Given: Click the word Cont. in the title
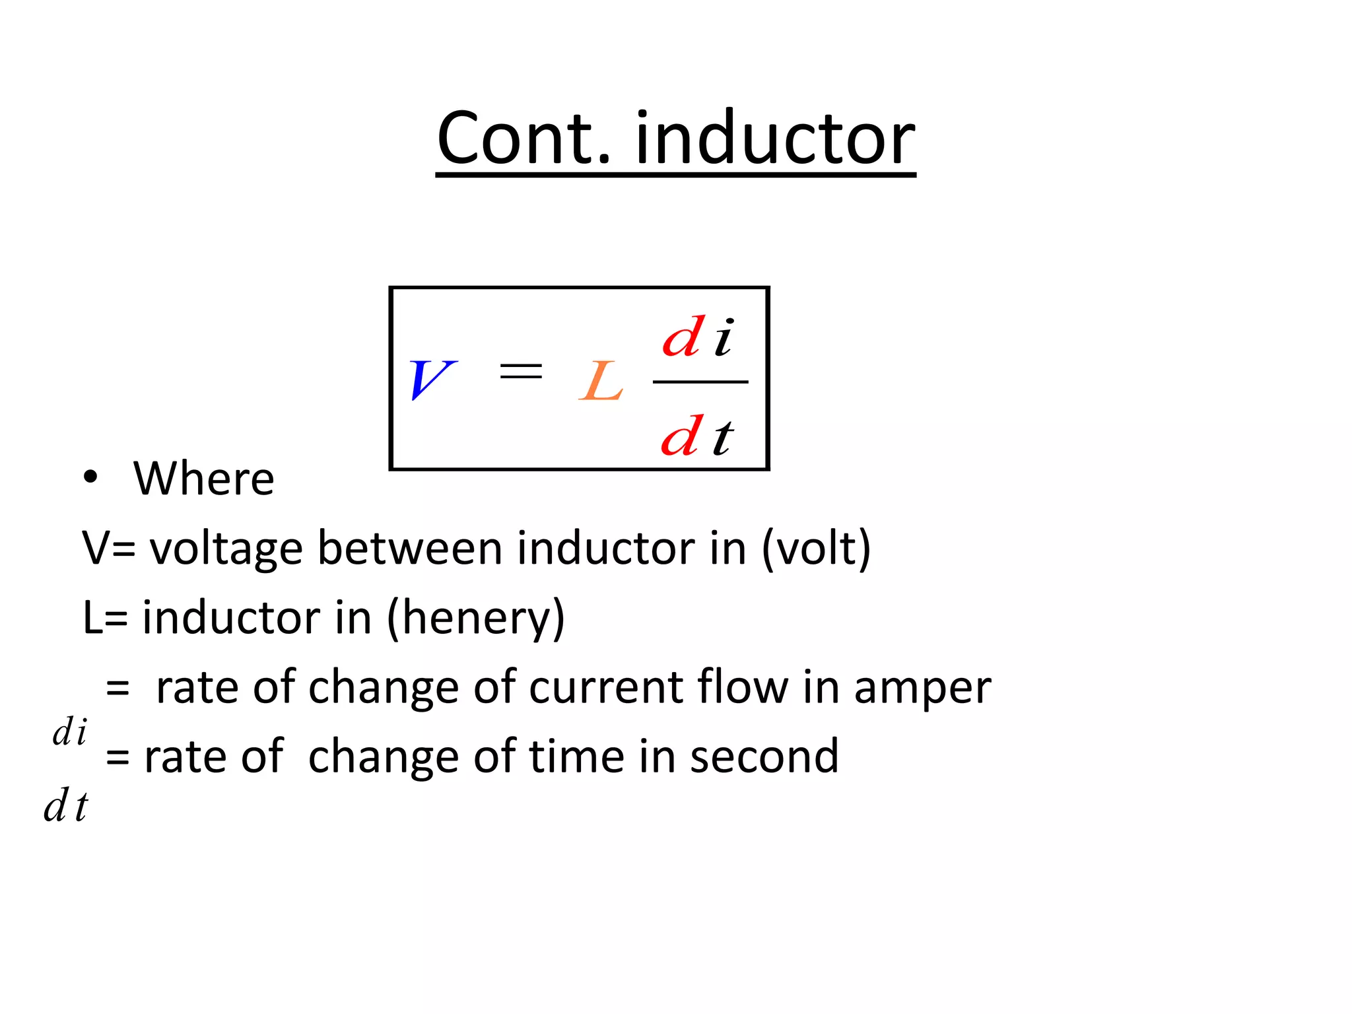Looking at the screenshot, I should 525,139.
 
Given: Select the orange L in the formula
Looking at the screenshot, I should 601,382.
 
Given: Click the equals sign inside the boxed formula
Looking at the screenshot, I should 521,371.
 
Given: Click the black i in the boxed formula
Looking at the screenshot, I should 724,338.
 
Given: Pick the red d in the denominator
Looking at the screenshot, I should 681,436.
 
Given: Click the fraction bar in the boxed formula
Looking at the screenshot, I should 700,382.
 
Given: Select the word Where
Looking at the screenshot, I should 203,479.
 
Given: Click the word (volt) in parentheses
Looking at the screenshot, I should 816,549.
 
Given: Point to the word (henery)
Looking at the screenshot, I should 475,618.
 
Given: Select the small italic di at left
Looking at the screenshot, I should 69,733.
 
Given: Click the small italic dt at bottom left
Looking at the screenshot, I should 65,806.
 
